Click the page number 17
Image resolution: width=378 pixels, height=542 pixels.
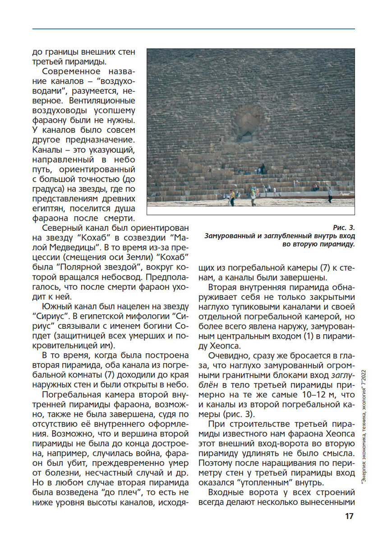point(349,516)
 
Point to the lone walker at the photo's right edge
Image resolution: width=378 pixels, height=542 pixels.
point(330,195)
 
